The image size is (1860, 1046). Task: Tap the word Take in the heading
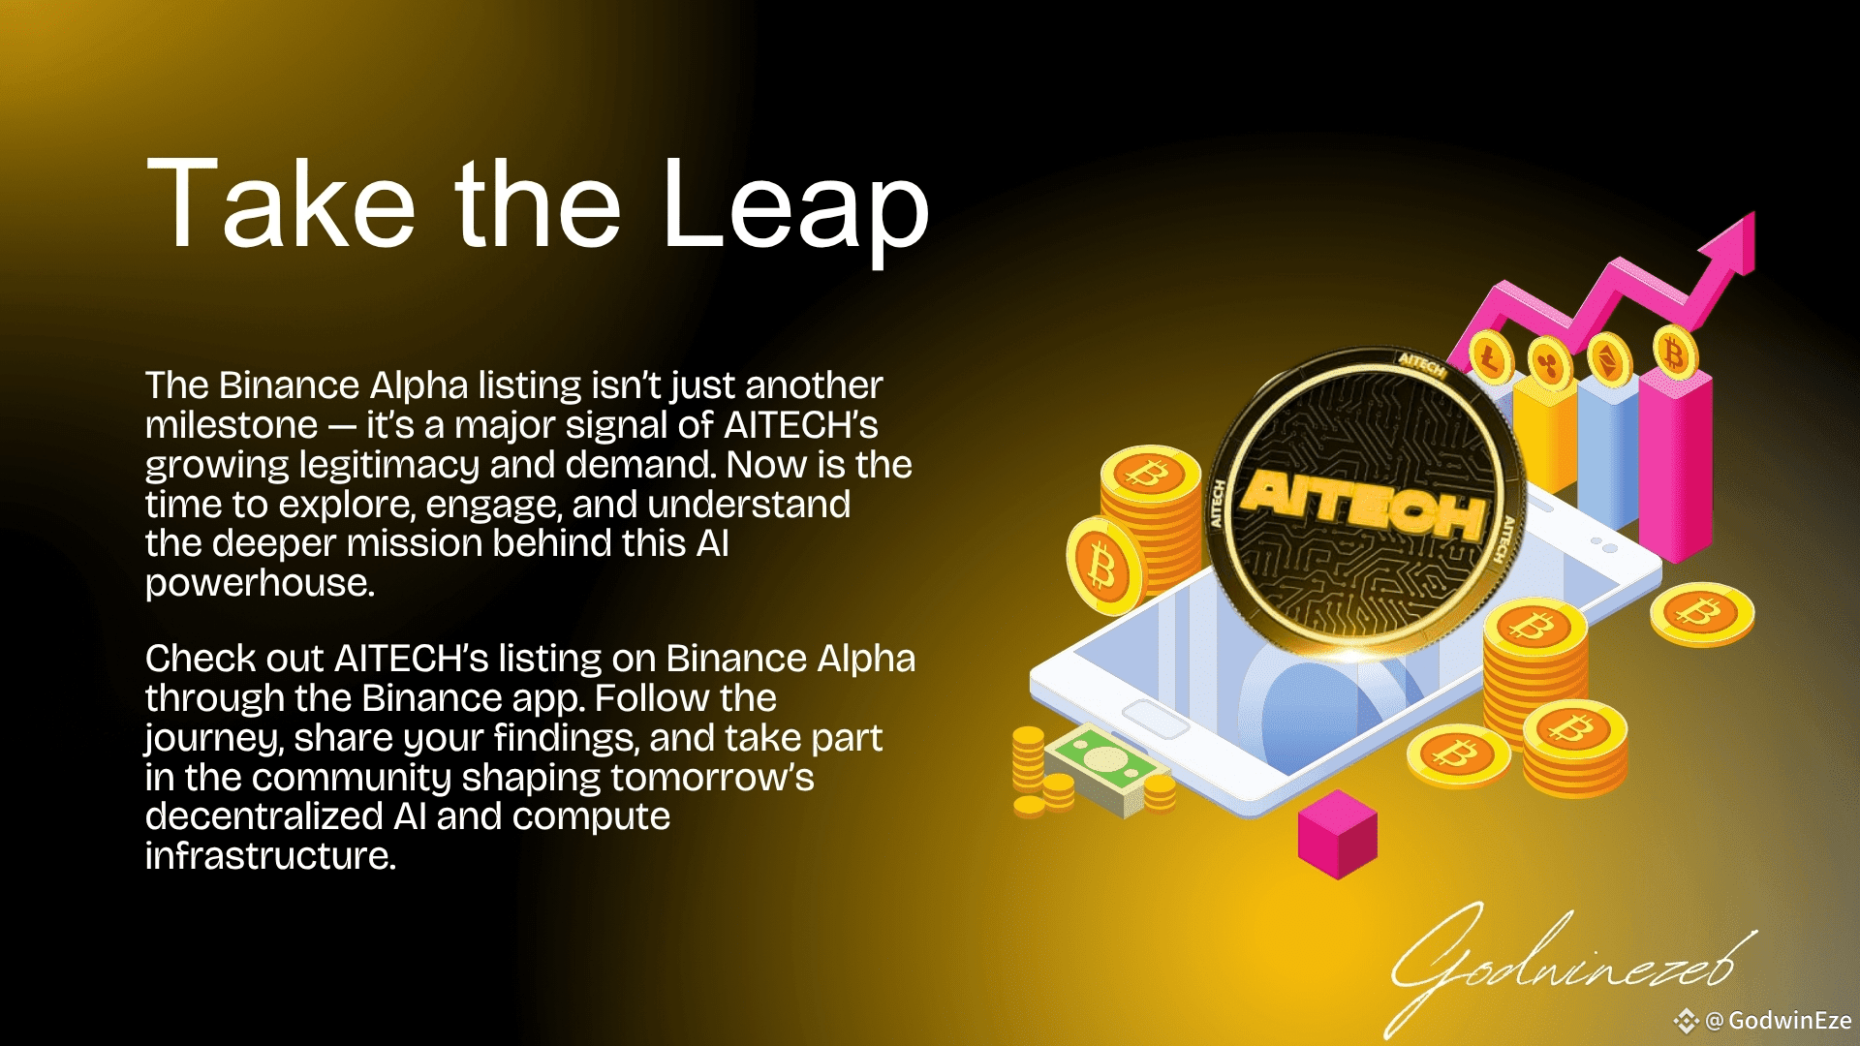[281, 202]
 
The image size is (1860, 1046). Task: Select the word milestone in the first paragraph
[232, 425]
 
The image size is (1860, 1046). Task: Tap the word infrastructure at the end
[270, 856]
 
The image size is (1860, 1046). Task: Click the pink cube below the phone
[1337, 834]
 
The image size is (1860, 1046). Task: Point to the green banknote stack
[1104, 770]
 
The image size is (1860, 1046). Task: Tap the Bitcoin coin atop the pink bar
[1675, 353]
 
